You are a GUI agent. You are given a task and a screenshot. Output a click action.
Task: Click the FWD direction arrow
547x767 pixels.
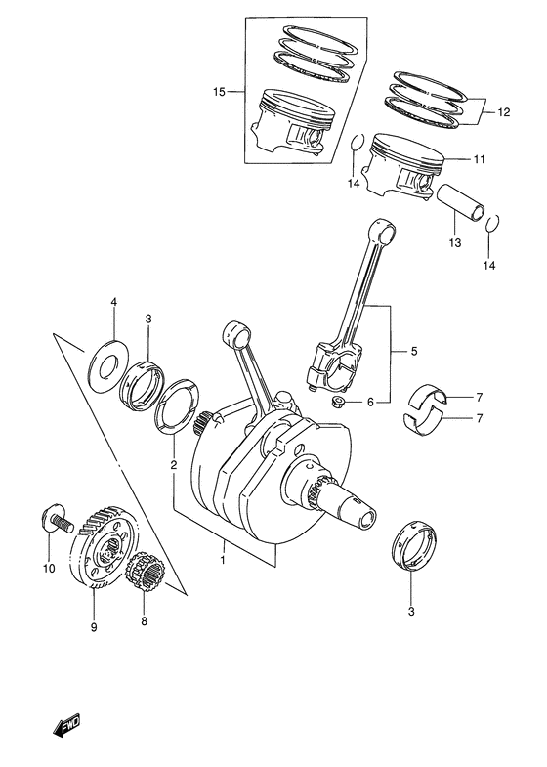pyautogui.click(x=66, y=727)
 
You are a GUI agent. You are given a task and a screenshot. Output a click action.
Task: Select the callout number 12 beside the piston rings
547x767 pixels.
pyautogui.click(x=503, y=112)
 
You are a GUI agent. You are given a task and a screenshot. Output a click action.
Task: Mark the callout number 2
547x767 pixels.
pyautogui.click(x=173, y=465)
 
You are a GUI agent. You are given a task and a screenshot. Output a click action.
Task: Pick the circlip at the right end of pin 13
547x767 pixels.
pyautogui.click(x=492, y=225)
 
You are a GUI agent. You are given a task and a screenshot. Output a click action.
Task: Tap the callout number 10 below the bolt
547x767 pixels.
pyautogui.click(x=48, y=568)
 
